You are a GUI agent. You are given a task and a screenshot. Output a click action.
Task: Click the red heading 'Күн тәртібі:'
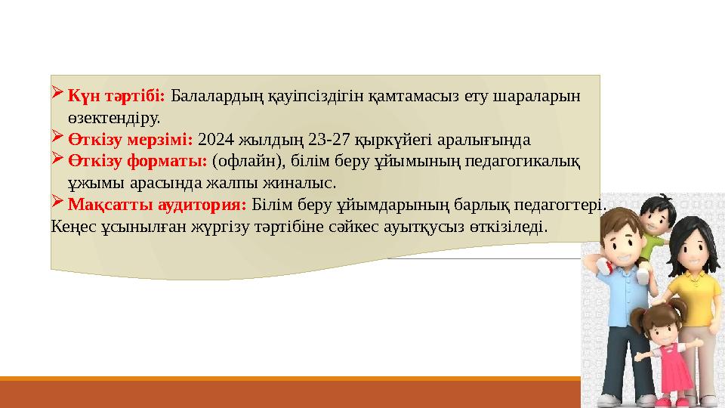pyautogui.click(x=116, y=97)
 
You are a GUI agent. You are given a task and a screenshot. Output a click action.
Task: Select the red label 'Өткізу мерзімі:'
pyautogui.click(x=131, y=140)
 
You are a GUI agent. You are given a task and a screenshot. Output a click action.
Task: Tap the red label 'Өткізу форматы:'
pyautogui.click(x=137, y=161)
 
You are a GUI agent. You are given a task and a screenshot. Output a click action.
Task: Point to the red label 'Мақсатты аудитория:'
pyautogui.click(x=157, y=204)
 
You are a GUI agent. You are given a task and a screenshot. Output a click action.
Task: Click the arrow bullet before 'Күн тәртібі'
pyautogui.click(x=58, y=96)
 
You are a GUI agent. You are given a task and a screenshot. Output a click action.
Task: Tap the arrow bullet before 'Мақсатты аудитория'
pyautogui.click(x=58, y=203)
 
